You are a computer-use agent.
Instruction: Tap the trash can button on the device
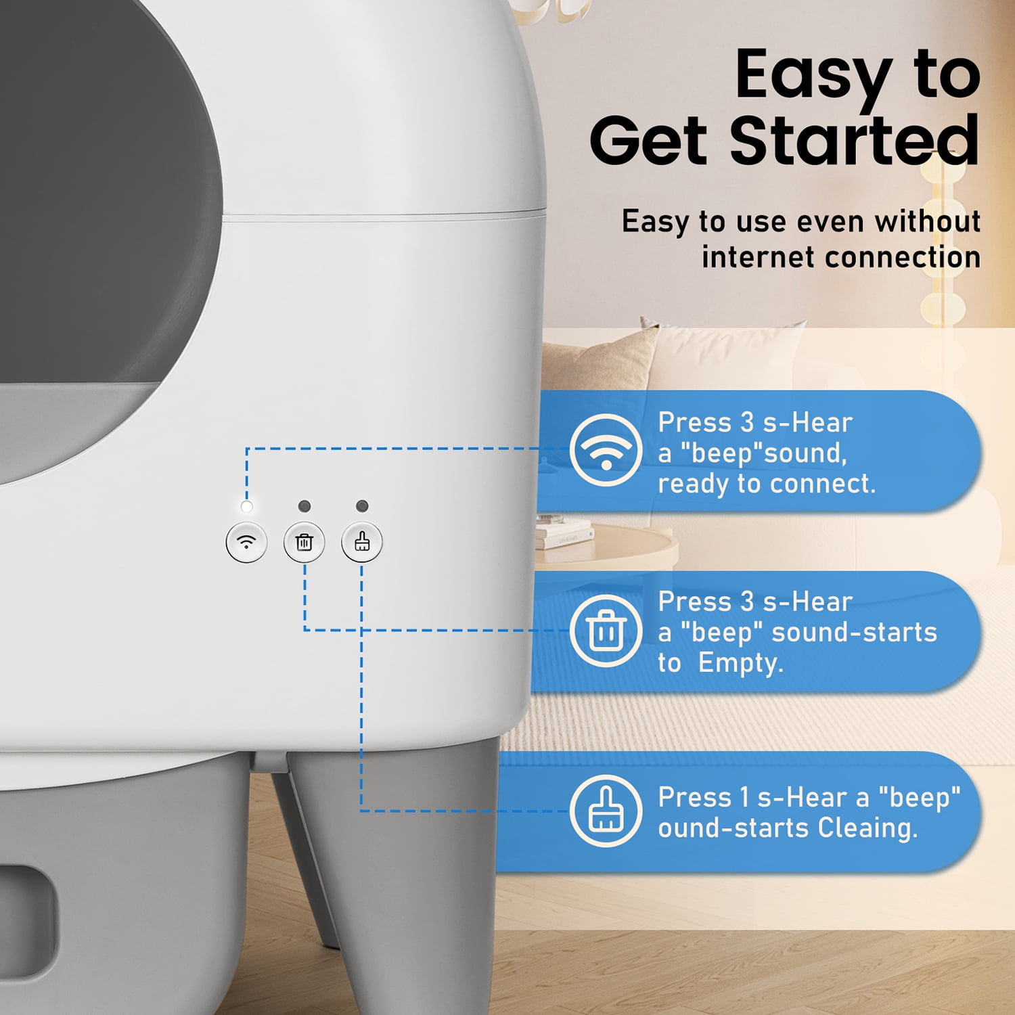coord(304,542)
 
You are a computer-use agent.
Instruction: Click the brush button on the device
coord(362,542)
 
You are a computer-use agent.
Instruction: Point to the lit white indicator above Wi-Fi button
coord(247,506)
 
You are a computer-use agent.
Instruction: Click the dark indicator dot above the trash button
coord(304,506)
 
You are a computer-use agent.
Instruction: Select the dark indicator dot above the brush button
coord(362,506)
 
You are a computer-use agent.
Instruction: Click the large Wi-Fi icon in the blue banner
coord(606,450)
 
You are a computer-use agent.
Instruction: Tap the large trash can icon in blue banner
coord(606,631)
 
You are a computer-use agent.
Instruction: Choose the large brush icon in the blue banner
coord(606,811)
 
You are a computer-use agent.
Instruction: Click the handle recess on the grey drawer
coord(27,920)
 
